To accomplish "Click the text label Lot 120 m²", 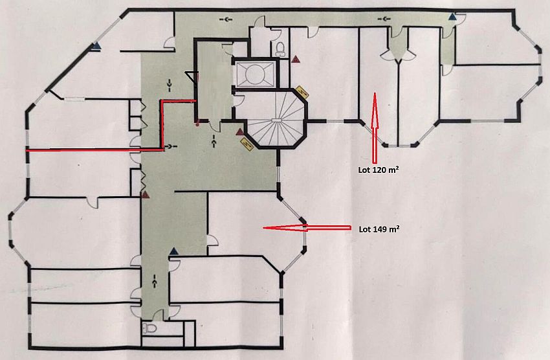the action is tap(379, 170).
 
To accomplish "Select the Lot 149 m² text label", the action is tap(379, 229).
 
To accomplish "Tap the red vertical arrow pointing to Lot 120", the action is tap(374, 128).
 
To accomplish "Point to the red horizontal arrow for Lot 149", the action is tap(307, 228).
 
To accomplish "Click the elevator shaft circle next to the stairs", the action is tap(256, 74).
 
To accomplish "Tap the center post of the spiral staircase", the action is tap(277, 120).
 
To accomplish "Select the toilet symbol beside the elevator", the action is tap(280, 49).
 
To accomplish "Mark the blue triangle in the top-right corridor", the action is tap(453, 16).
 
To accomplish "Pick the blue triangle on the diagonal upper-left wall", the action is tap(96, 45).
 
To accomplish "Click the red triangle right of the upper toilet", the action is tap(296, 59).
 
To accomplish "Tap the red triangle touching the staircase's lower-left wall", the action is tap(240, 132).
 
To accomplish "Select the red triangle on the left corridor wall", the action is tap(145, 194).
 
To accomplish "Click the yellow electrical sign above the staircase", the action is tap(302, 93).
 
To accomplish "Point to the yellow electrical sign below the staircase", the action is tap(247, 144).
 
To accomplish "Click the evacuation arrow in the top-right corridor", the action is tap(386, 18).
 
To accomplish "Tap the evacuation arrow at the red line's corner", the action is tap(171, 146).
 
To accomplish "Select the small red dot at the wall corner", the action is tap(198, 123).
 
